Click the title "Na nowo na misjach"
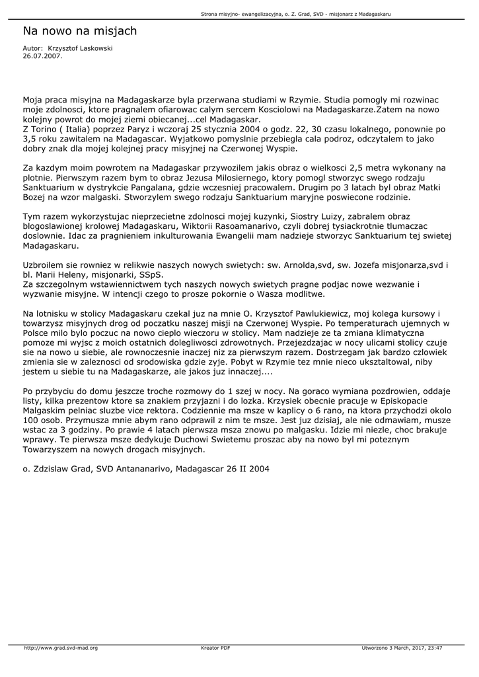coord(79,31)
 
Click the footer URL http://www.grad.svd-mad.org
coord(61,648)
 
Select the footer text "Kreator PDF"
coord(215,648)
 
